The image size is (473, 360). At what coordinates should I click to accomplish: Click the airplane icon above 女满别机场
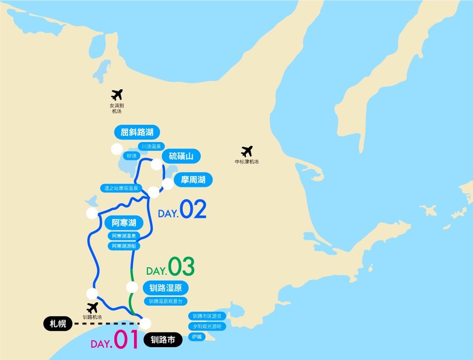pyautogui.click(x=117, y=94)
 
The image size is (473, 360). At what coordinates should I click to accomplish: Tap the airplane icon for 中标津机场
pyautogui.click(x=247, y=151)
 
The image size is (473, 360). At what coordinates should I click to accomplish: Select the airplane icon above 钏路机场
pyautogui.click(x=92, y=308)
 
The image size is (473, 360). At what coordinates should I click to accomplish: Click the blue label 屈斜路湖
pyautogui.click(x=137, y=132)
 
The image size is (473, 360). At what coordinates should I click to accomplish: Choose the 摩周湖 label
pyautogui.click(x=193, y=180)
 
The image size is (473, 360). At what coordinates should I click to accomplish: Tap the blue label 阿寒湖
pyautogui.click(x=124, y=223)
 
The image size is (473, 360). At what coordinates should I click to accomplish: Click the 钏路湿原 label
pyautogui.click(x=166, y=288)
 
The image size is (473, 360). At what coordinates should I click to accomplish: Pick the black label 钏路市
pyautogui.click(x=163, y=339)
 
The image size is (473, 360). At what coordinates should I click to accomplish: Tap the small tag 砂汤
pyautogui.click(x=131, y=156)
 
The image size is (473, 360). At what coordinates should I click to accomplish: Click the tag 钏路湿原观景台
pyautogui.click(x=166, y=301)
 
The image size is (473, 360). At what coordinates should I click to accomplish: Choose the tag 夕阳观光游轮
pyautogui.click(x=207, y=326)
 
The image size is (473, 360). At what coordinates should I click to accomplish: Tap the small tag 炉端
pyautogui.click(x=197, y=337)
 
